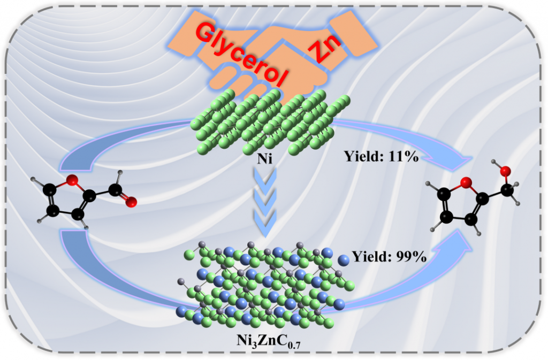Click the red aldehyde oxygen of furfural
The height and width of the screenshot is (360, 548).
click(132, 202)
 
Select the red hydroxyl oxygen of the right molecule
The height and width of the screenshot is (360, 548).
click(506, 171)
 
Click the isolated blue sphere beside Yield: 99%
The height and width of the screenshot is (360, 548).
click(344, 261)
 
